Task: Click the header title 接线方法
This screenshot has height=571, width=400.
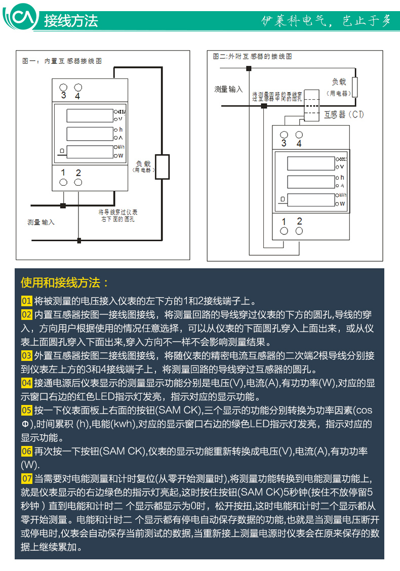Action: [x=71, y=21]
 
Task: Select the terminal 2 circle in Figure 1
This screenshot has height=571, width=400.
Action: [x=78, y=182]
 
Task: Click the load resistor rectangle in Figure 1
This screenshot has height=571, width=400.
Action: [x=162, y=168]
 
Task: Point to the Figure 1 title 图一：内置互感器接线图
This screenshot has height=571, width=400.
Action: [x=62, y=61]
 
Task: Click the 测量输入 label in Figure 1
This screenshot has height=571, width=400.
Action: [x=41, y=222]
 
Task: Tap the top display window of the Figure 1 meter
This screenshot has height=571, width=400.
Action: [x=89, y=115]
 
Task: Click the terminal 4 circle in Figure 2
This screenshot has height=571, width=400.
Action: [x=299, y=135]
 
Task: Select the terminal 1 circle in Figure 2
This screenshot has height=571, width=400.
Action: [x=284, y=231]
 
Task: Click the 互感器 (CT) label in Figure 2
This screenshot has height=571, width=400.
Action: [x=344, y=115]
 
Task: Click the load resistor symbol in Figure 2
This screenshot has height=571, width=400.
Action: [x=354, y=87]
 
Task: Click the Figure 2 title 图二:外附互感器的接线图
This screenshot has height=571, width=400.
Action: [x=253, y=57]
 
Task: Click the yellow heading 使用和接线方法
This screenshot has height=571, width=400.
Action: [x=65, y=282]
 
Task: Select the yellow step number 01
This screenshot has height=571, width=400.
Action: [x=27, y=300]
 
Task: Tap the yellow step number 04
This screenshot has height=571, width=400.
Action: [x=27, y=383]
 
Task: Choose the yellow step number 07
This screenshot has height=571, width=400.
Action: [x=27, y=479]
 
